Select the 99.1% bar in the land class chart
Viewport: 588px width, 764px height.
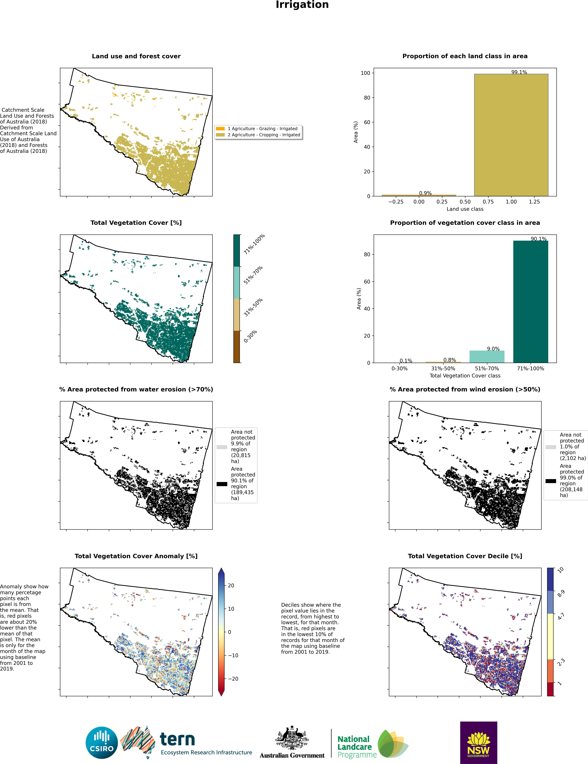pos(511,135)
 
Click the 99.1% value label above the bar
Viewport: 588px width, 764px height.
pos(519,72)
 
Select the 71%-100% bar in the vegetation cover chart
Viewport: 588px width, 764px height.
pos(531,302)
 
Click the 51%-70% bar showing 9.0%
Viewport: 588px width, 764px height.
pos(487,356)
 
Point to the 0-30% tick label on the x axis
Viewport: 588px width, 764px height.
pos(399,368)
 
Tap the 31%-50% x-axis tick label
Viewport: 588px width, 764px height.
pos(443,368)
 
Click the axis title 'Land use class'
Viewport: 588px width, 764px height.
pos(465,209)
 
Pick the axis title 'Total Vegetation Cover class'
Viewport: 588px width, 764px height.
pos(465,375)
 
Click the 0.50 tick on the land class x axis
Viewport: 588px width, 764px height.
pos(465,201)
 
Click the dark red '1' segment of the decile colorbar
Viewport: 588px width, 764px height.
pos(551,689)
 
